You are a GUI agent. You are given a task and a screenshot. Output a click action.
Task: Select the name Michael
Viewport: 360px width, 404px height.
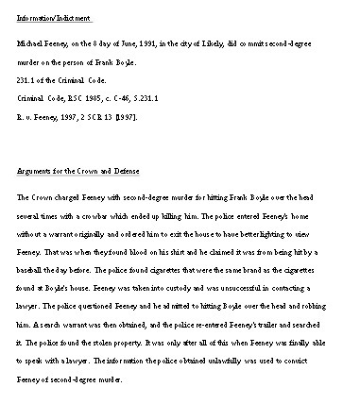coord(33,43)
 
